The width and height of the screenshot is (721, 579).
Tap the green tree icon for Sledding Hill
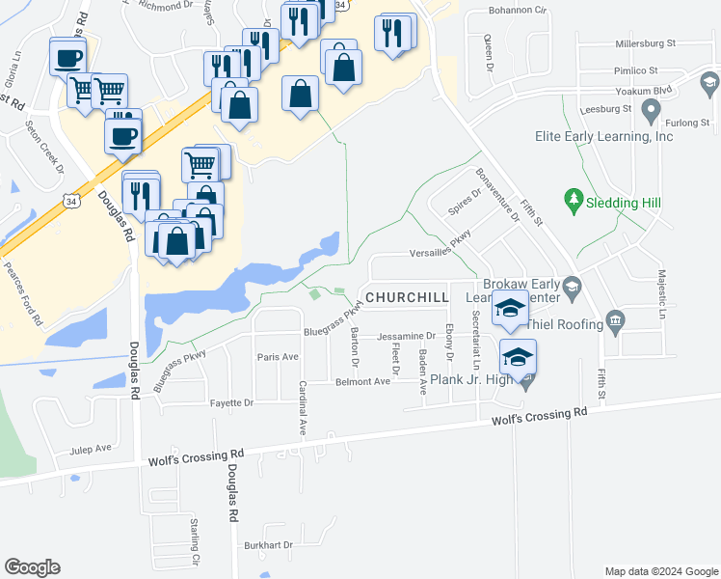(574, 201)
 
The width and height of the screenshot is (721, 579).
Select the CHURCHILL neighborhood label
(407, 298)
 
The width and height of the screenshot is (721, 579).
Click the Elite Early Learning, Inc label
(603, 137)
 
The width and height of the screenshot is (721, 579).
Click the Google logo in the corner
(32, 567)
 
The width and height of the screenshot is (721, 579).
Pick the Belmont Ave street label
(362, 381)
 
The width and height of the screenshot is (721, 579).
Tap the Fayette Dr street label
(230, 401)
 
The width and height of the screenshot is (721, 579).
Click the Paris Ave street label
(278, 357)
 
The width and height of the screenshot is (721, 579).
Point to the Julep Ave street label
(91, 449)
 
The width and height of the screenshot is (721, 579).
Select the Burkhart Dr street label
(268, 544)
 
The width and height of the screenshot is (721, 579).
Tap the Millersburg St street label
(646, 43)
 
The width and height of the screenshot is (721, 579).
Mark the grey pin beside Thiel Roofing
(613, 320)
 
